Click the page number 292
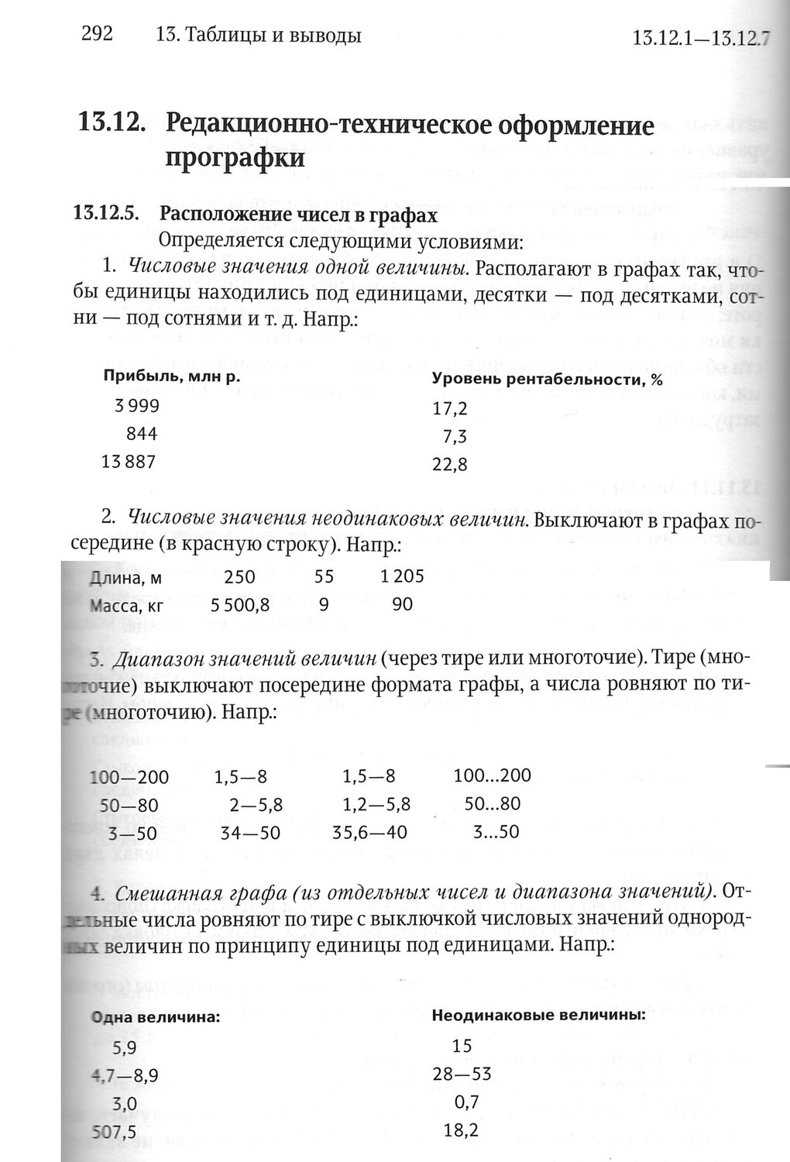click(x=98, y=33)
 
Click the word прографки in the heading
click(x=235, y=158)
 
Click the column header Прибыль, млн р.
click(x=168, y=376)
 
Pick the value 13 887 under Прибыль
click(x=129, y=462)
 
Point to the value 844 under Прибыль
click(x=142, y=434)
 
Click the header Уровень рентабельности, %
click(x=547, y=380)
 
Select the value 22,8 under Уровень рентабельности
click(x=450, y=466)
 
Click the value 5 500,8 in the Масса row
click(x=240, y=605)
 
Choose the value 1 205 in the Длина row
click(x=403, y=577)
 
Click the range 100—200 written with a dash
click(x=129, y=777)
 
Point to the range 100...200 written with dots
click(x=493, y=775)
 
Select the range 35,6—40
click(x=369, y=833)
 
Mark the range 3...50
click(x=496, y=833)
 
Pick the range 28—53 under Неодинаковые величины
click(x=462, y=1074)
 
